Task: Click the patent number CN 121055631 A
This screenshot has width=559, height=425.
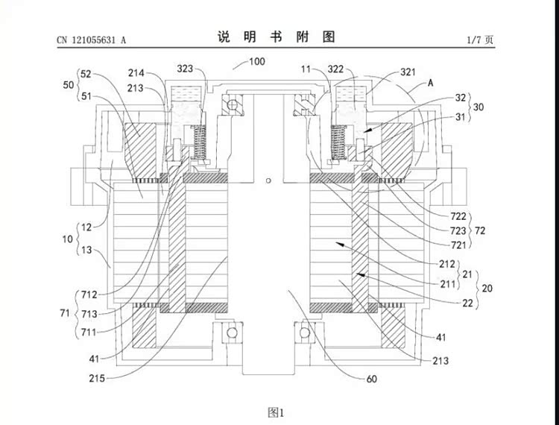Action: pyautogui.click(x=91, y=40)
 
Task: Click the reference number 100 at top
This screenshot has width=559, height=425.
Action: pyautogui.click(x=256, y=63)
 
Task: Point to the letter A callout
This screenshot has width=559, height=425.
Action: pyautogui.click(x=430, y=84)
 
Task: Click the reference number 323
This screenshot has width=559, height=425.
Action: pyautogui.click(x=185, y=69)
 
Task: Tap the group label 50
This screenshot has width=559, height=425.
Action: pyautogui.click(x=69, y=86)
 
